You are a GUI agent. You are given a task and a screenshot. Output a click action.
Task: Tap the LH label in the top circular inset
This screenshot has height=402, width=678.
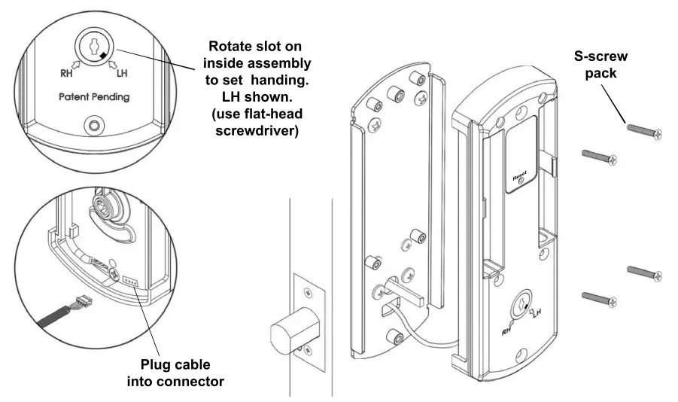tap(123, 73)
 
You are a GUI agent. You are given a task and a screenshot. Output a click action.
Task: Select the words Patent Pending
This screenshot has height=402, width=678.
tap(94, 97)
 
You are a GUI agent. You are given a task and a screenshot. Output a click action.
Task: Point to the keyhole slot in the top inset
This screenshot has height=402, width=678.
tap(94, 46)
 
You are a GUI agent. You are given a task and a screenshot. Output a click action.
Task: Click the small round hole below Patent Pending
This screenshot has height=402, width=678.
tap(94, 124)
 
